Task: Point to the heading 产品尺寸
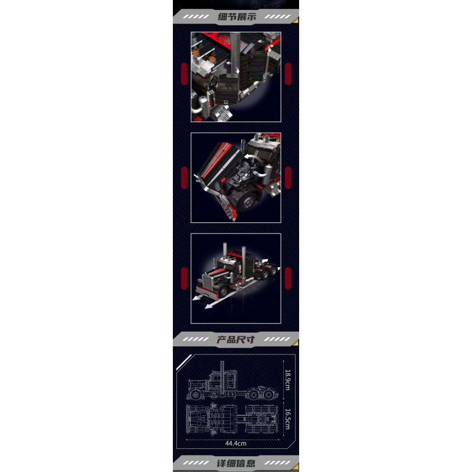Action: pos(236,339)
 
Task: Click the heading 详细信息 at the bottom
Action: pos(236,463)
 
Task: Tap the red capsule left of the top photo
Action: pos(183,76)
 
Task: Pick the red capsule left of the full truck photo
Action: pos(183,277)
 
